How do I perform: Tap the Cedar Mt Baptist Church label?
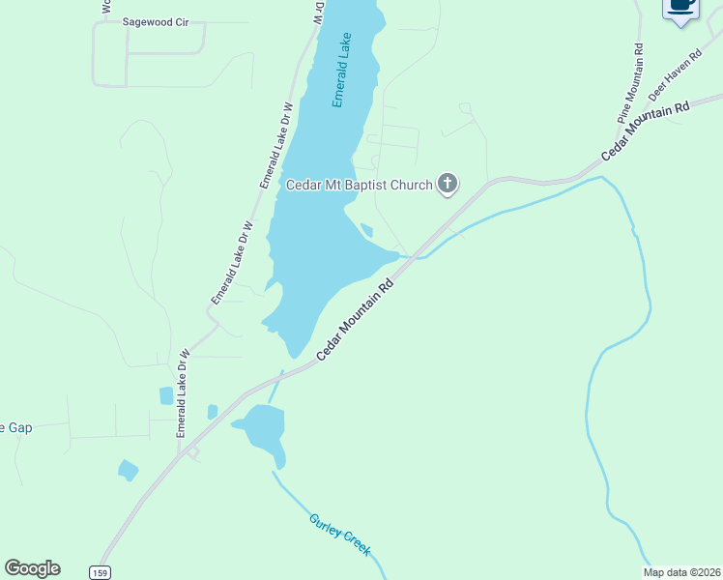[x=359, y=184]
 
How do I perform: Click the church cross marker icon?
[x=447, y=183]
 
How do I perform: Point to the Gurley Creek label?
[x=340, y=534]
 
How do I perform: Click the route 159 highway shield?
[x=100, y=572]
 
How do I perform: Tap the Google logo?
[x=32, y=568]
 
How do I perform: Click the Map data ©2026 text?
[x=682, y=572]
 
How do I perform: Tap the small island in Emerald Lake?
[x=366, y=230]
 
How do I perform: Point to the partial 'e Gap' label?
[x=16, y=427]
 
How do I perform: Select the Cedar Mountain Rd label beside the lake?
[x=357, y=322]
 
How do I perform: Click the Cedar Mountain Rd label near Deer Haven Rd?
[x=645, y=130]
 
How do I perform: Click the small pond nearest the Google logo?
[x=128, y=471]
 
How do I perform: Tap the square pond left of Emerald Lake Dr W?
[x=166, y=395]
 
